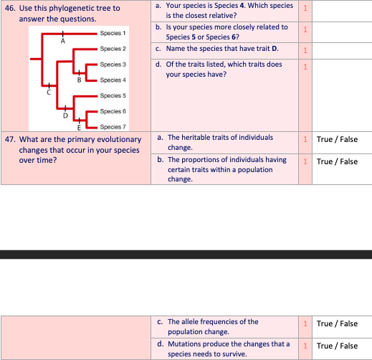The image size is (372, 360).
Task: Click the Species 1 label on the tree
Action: [x=113, y=33]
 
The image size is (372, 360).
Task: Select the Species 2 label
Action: [x=113, y=49]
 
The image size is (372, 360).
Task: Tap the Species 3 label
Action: [x=113, y=65]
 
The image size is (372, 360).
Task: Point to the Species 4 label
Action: [x=113, y=80]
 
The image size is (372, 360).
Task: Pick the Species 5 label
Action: [x=113, y=95]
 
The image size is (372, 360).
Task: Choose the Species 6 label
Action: [x=113, y=111]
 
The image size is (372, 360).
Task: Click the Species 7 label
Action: [x=113, y=126]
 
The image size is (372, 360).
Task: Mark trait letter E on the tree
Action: [x=79, y=127]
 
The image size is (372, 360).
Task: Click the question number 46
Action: [x=10, y=9]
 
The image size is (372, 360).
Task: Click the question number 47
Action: [x=10, y=140]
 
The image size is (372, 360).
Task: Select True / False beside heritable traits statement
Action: [x=336, y=139]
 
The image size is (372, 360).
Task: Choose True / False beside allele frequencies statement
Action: [x=336, y=323]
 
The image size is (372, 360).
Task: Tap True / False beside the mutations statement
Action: [x=336, y=346]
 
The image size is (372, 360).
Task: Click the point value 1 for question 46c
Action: [x=305, y=50]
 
